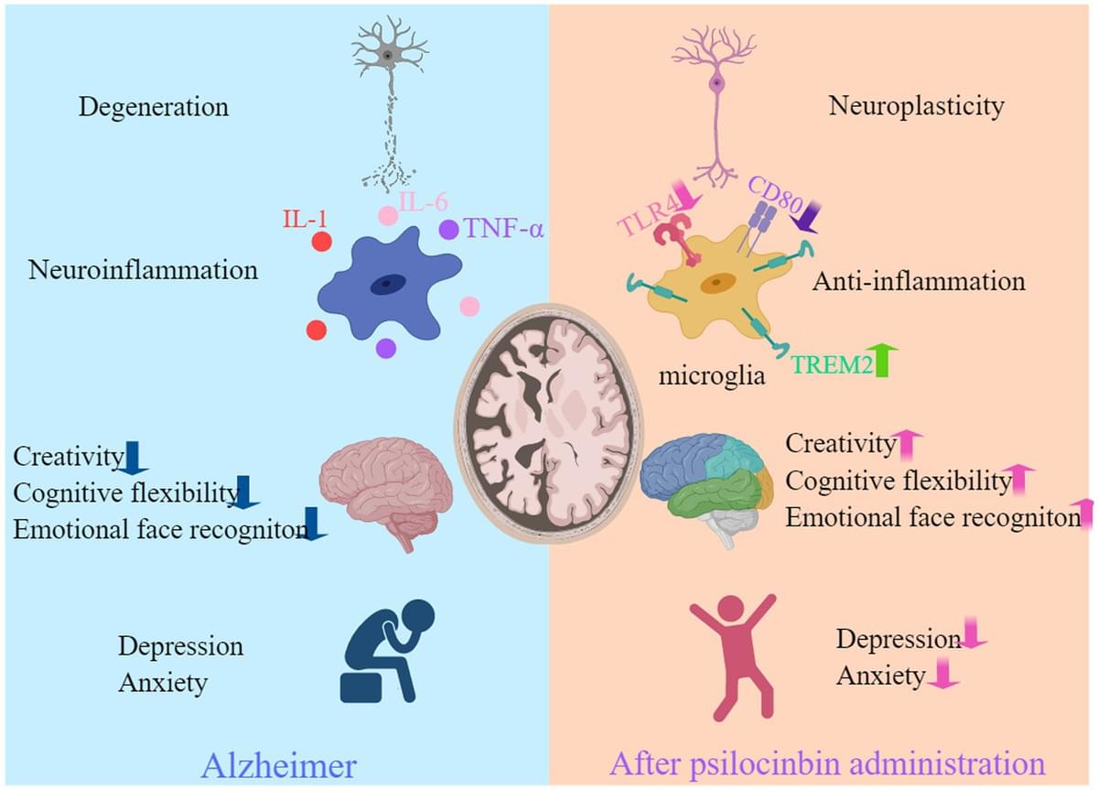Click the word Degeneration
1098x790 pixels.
tap(154, 107)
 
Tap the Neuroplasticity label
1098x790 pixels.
tap(916, 107)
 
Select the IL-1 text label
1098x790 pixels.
tap(305, 219)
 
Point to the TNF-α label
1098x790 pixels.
tap(503, 228)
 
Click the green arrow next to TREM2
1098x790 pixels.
tap(882, 360)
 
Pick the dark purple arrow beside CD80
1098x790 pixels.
tap(806, 216)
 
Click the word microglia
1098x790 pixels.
tap(711, 375)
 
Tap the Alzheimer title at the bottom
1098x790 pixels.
tap(279, 765)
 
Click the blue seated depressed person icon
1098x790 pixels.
tap(387, 651)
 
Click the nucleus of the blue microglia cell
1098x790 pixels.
tap(388, 285)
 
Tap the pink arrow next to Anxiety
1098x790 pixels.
tap(942, 674)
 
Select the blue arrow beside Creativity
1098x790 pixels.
tap(133, 458)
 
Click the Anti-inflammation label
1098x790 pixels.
tap(919, 282)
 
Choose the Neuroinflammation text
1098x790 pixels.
tap(143, 270)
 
